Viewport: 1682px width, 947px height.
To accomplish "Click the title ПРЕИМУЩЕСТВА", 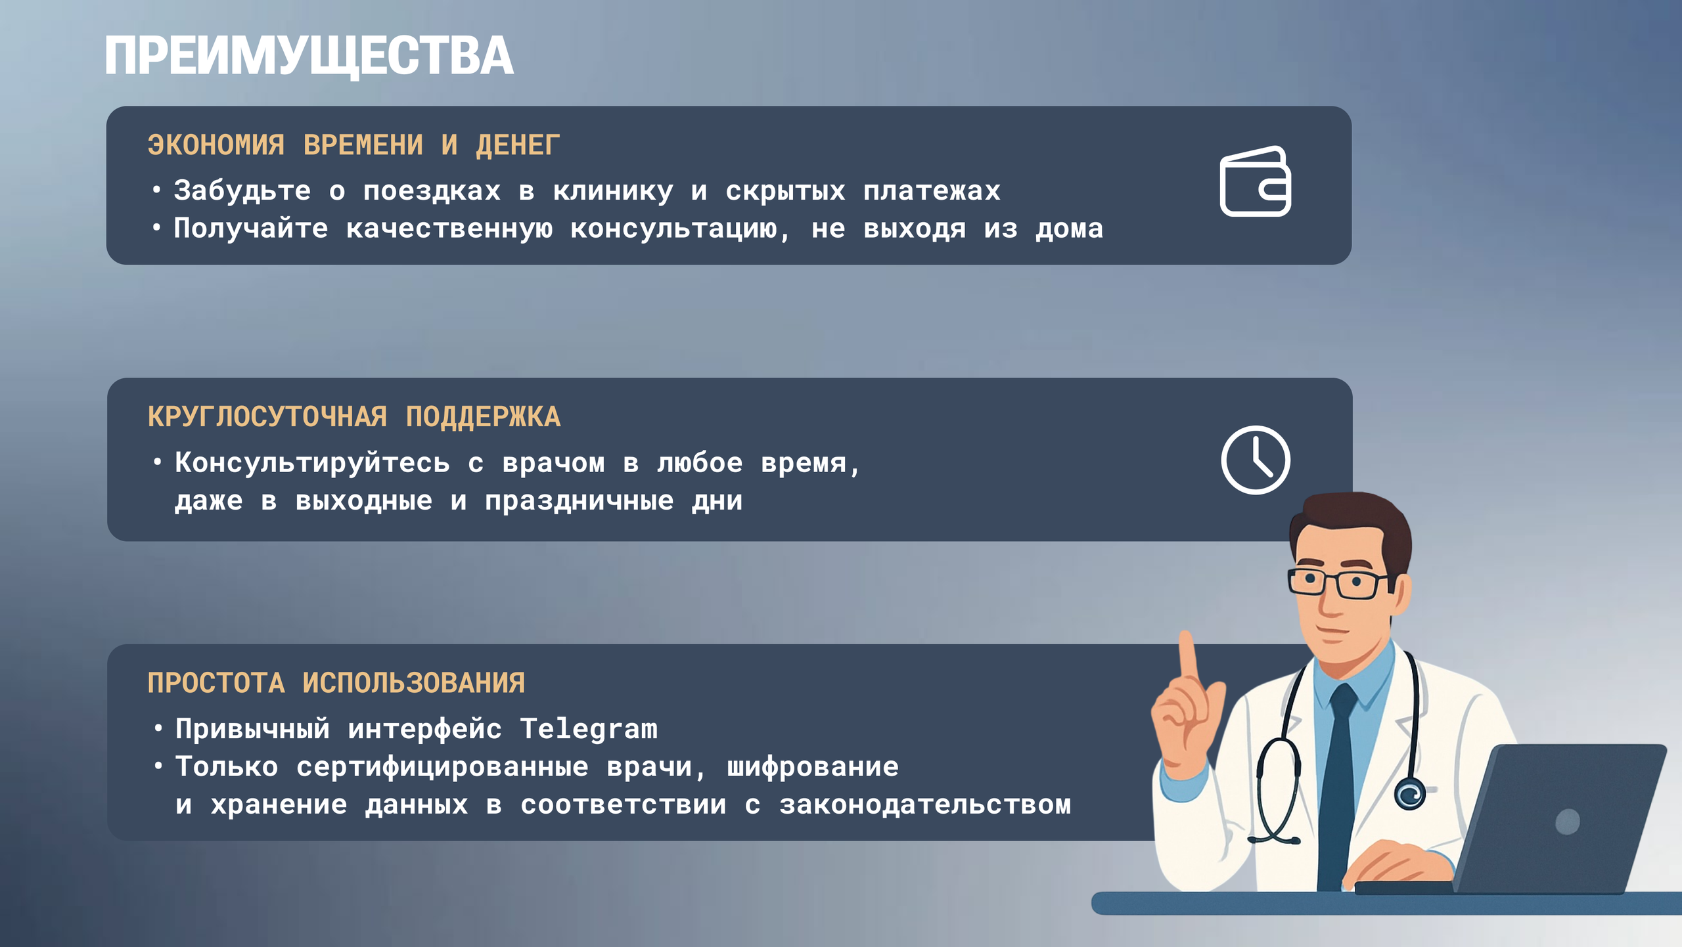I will (x=309, y=56).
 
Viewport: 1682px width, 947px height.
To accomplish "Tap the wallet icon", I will (x=1255, y=181).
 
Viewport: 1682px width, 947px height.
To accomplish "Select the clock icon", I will (x=1255, y=460).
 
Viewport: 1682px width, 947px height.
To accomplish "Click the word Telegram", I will (x=588, y=730).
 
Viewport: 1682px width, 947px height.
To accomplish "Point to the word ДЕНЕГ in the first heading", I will (x=518, y=145).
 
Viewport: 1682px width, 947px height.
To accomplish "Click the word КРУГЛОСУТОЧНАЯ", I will (x=267, y=417).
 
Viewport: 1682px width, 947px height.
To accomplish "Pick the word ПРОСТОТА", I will (x=216, y=683).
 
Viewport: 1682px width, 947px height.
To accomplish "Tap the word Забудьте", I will (x=242, y=191).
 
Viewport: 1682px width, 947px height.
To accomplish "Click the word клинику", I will (x=612, y=191).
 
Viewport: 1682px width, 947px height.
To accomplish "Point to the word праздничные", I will (x=579, y=501).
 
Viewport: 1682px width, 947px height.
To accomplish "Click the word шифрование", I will (x=812, y=767).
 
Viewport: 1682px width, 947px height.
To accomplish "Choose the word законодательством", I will (x=925, y=805).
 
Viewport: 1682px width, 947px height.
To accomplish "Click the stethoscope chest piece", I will (x=1409, y=795).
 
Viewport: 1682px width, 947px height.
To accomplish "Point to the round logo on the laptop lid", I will (x=1568, y=822).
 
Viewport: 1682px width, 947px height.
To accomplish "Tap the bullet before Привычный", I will (x=158, y=728).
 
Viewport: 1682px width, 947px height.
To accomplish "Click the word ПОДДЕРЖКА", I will (x=483, y=417).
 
